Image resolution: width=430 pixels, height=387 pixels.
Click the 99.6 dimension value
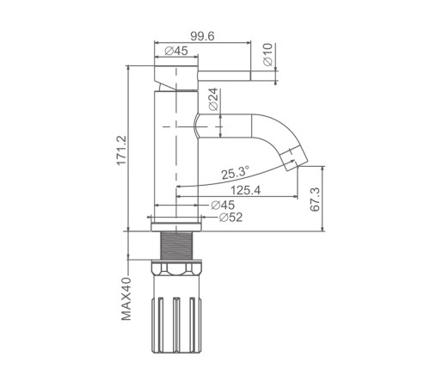click(202, 36)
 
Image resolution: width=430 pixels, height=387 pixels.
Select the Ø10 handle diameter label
click(268, 54)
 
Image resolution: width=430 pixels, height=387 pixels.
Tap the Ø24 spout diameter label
click(213, 99)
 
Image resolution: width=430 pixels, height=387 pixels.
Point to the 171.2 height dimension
click(121, 150)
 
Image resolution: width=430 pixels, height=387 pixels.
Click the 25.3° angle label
click(236, 173)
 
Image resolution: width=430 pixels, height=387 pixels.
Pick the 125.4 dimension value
click(246, 190)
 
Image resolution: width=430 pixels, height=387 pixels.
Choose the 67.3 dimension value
click(315, 200)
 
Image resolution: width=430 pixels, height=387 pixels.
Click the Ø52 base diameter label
click(230, 218)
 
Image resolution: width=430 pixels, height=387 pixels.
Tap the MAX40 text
click(126, 298)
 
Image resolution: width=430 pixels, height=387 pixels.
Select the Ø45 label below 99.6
click(176, 51)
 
